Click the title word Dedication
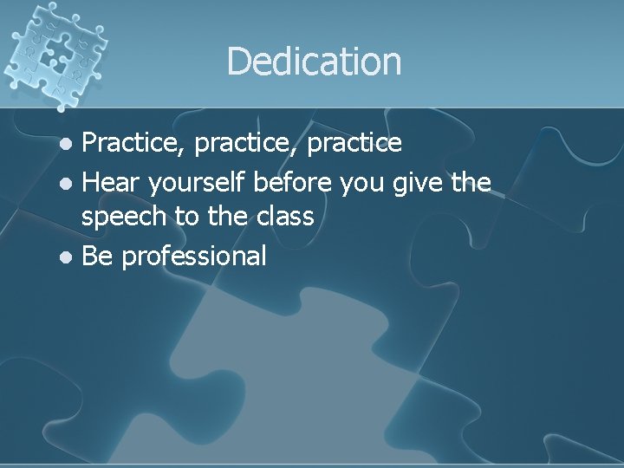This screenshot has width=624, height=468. coord(314,62)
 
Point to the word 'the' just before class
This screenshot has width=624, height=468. coord(225,217)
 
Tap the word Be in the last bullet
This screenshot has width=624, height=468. coord(97,256)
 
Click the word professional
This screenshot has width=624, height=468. coord(194,257)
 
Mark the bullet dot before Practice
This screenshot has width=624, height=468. coord(69,144)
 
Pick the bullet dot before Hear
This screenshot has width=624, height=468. coord(69,183)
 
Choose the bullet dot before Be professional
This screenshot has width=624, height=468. coord(69,257)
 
